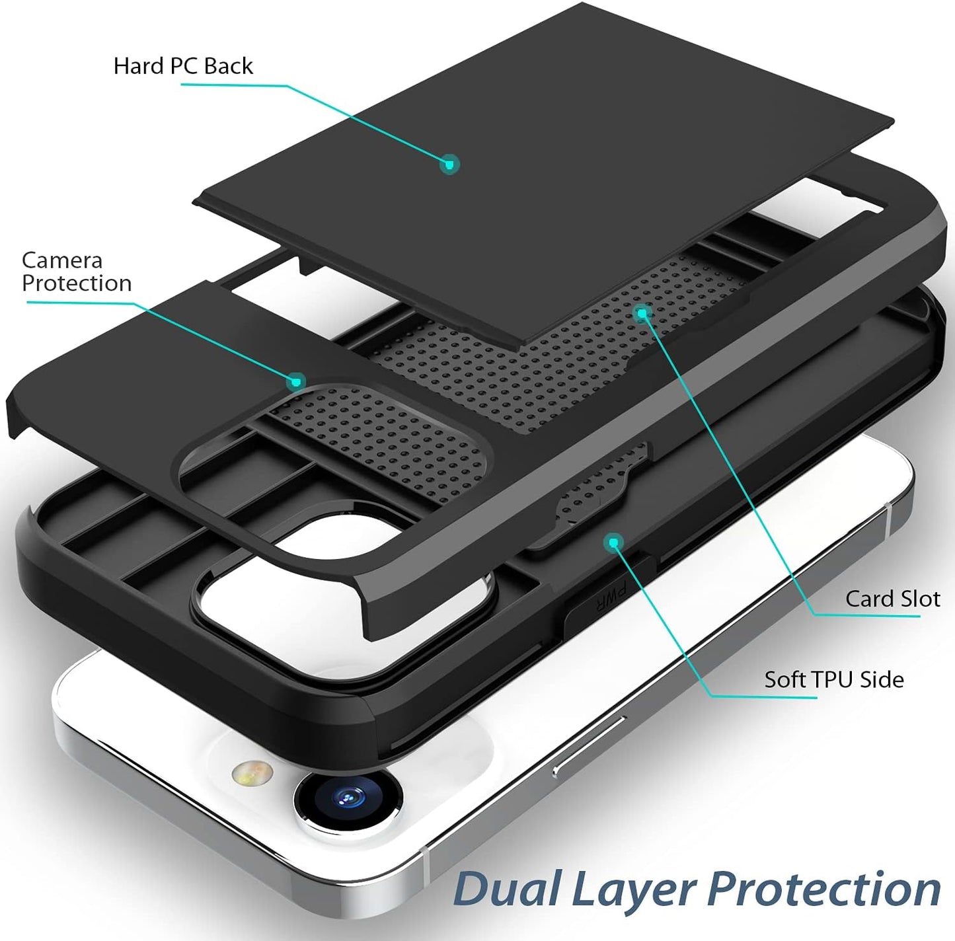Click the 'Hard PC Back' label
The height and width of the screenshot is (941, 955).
pyautogui.click(x=183, y=66)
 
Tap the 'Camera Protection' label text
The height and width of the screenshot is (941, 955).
pyautogui.click(x=76, y=272)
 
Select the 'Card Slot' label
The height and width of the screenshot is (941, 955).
pyautogui.click(x=892, y=599)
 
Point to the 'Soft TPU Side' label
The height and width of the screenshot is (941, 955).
pyautogui.click(x=833, y=679)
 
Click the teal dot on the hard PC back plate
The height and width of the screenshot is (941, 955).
pyautogui.click(x=449, y=164)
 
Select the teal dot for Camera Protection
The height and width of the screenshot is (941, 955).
pyautogui.click(x=297, y=381)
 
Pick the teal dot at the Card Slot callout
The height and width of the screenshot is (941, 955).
pyautogui.click(x=642, y=313)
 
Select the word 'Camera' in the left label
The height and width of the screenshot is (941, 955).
pyautogui.click(x=62, y=260)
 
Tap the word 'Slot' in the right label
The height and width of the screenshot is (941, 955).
pyautogui.click(x=919, y=599)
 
